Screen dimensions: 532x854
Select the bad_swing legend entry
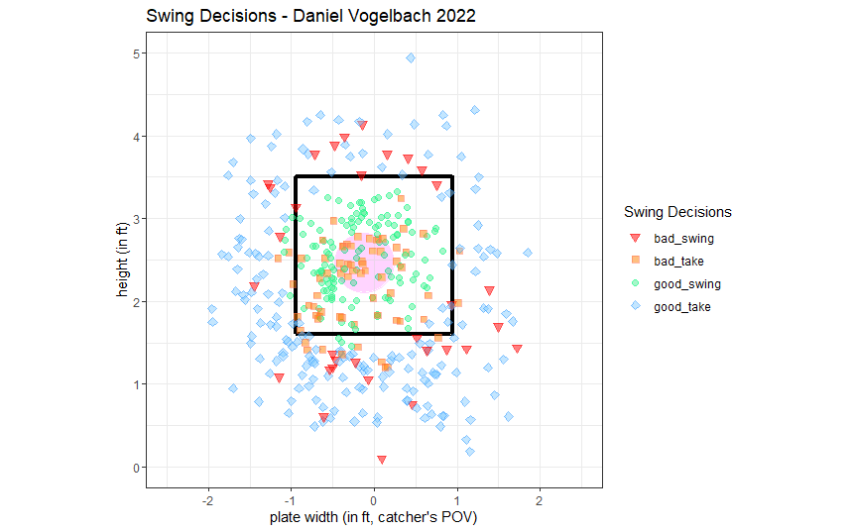pyautogui.click(x=683, y=239)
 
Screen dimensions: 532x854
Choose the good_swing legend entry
pyautogui.click(x=687, y=284)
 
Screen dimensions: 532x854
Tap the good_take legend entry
pyautogui.click(x=682, y=307)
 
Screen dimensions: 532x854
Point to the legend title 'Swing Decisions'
pyautogui.click(x=677, y=212)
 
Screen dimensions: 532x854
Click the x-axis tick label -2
pyautogui.click(x=206, y=501)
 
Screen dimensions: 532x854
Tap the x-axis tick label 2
pyautogui.click(x=540, y=501)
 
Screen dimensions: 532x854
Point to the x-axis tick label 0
pyautogui.click(x=374, y=501)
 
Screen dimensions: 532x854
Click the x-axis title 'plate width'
pyautogui.click(x=374, y=518)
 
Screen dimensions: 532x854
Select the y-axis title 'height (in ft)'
pyautogui.click(x=118, y=260)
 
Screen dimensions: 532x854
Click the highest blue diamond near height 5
pyautogui.click(x=411, y=57)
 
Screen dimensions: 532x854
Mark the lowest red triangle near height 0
pyautogui.click(x=382, y=459)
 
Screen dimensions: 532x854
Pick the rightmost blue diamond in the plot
pyautogui.click(x=528, y=253)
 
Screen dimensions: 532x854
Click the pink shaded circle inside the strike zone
pyautogui.click(x=360, y=266)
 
